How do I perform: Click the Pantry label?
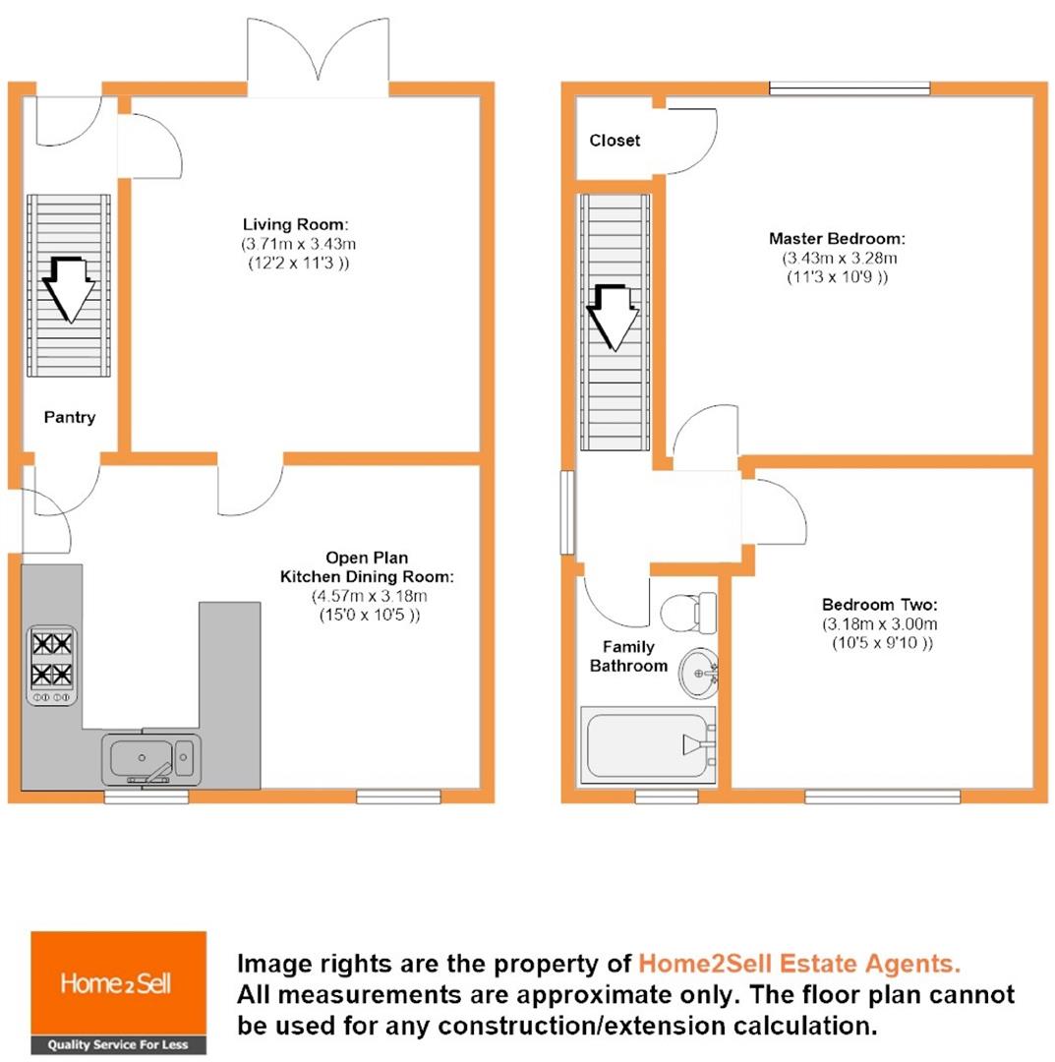click(70, 418)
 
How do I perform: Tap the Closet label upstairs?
click(615, 141)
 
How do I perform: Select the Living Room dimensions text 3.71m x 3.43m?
click(295, 243)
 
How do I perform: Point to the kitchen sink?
click(150, 759)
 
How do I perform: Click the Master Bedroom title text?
click(837, 239)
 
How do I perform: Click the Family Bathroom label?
click(627, 657)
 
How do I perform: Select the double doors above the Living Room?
click(318, 59)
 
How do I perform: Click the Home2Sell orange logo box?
click(119, 982)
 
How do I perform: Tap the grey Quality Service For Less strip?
click(119, 1044)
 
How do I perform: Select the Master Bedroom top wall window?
click(849, 89)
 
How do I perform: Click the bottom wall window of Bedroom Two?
click(882, 796)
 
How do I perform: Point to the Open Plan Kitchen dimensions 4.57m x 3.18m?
click(369, 597)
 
